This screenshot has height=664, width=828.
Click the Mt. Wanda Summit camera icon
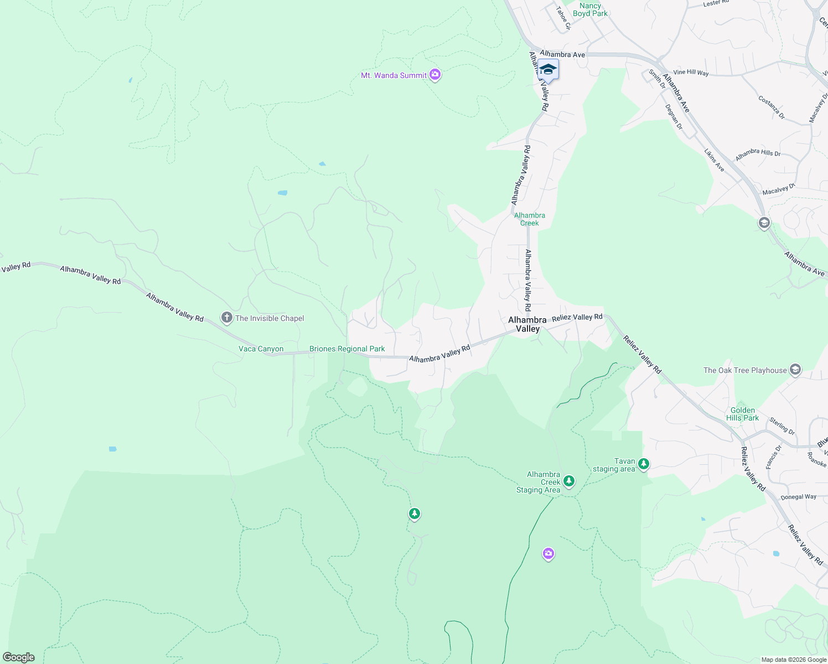point(435,74)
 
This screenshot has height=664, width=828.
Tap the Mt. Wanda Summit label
point(394,75)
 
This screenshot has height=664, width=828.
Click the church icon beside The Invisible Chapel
point(226,318)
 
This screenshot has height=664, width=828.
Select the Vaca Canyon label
point(261,349)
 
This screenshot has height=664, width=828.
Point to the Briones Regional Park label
point(347,349)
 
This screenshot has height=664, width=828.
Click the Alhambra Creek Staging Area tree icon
point(569,481)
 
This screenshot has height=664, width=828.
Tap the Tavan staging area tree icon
point(643,464)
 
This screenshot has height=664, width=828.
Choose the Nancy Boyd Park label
point(590,9)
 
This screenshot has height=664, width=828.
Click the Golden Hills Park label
point(742,414)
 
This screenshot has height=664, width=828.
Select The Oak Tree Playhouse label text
point(745,370)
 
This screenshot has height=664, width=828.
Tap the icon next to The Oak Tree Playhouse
point(795,370)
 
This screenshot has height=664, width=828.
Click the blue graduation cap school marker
point(548,70)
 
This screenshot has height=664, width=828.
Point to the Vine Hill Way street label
point(691,72)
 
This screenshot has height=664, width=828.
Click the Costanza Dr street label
point(772,108)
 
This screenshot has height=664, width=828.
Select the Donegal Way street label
point(798,497)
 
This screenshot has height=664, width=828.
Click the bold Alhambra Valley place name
point(527,324)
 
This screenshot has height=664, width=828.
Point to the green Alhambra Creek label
point(530,219)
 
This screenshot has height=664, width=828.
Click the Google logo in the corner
point(19,657)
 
